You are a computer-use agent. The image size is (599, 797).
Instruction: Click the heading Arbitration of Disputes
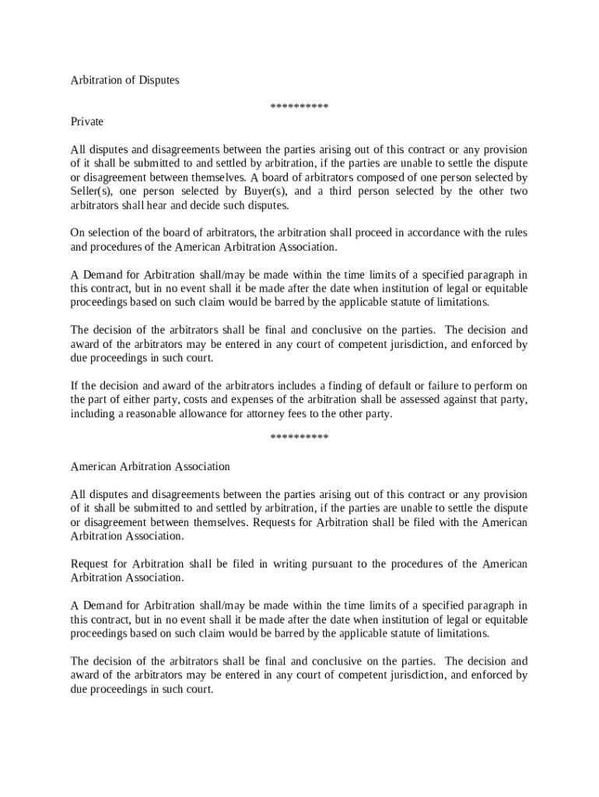tap(124, 80)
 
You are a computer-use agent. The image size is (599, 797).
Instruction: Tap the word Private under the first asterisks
tap(87, 122)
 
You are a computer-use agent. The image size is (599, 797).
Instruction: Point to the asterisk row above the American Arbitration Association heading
tap(299, 437)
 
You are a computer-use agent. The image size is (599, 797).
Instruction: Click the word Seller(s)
tap(92, 191)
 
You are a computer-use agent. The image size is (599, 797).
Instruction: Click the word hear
tap(173, 205)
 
